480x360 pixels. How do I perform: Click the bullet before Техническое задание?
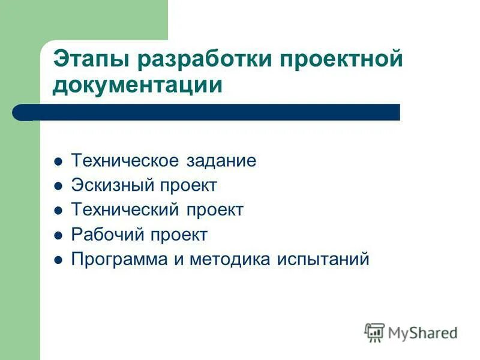[x=58, y=162]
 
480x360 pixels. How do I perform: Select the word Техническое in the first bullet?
[x=124, y=161]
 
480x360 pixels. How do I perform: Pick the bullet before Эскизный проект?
[x=58, y=187]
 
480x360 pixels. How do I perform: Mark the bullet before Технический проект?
[x=58, y=211]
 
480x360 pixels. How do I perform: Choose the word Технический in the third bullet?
[x=125, y=210]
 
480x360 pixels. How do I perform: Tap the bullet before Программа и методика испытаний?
[x=58, y=261]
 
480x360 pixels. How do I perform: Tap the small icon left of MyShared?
[x=374, y=332]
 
